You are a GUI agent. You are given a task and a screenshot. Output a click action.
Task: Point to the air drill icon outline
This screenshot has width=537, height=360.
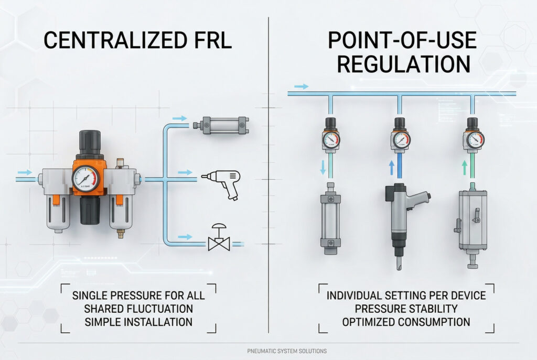click(223, 183)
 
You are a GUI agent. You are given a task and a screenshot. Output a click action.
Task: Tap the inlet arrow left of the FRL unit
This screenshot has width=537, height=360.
click(25, 172)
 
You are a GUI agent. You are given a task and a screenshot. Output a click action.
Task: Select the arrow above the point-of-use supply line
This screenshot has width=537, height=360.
click(301, 86)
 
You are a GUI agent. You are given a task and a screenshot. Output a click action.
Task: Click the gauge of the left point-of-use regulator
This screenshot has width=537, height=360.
click(330, 140)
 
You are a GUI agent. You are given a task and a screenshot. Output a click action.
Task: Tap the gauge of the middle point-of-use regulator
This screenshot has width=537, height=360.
click(400, 140)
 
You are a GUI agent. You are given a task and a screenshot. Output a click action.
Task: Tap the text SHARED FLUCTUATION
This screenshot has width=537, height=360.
click(138, 309)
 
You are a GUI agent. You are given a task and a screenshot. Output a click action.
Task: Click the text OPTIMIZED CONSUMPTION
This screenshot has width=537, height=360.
click(406, 321)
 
